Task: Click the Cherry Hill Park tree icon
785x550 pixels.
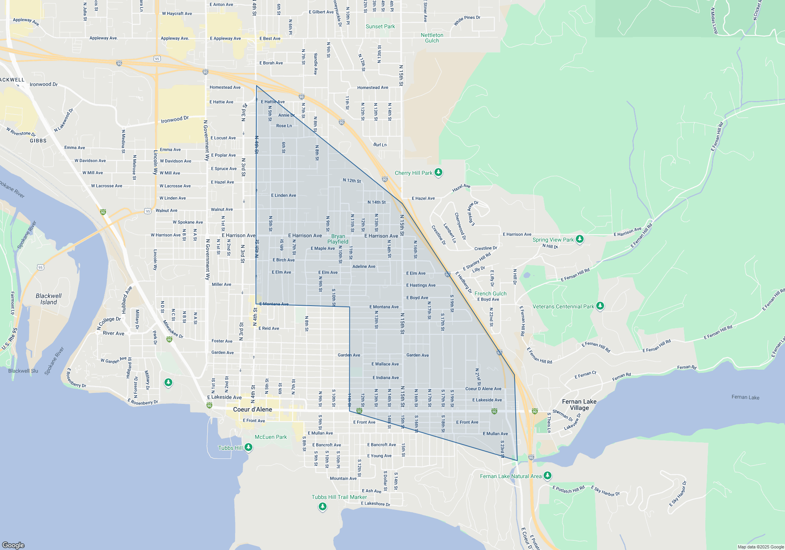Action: click(438, 172)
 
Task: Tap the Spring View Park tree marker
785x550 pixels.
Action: click(579, 239)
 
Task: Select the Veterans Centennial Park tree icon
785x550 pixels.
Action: click(600, 306)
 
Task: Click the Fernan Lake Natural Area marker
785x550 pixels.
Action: click(548, 475)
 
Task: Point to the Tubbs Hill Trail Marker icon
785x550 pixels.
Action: click(323, 506)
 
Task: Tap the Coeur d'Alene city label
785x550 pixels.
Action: click(252, 409)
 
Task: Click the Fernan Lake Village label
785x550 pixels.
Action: click(579, 405)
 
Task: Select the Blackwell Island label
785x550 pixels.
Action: click(49, 299)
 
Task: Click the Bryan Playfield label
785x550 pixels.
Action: click(338, 239)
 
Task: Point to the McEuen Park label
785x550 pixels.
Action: click(270, 437)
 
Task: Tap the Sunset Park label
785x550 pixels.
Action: click(380, 26)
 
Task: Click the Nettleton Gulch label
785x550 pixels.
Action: click(432, 38)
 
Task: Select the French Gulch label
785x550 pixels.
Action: click(490, 293)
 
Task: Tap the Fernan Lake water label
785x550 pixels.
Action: click(745, 397)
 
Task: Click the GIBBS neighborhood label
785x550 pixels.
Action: click(38, 141)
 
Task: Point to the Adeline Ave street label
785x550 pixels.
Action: click(364, 266)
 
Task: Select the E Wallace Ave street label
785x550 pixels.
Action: click(385, 364)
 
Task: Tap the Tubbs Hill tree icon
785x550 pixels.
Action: click(248, 447)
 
